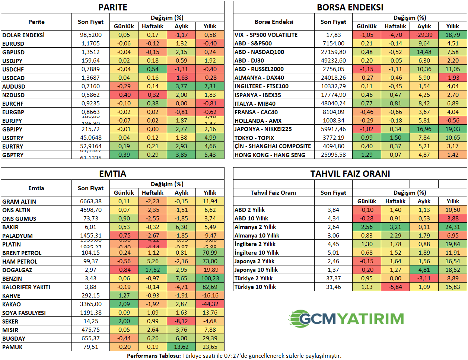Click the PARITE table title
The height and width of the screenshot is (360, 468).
[x=112, y=7]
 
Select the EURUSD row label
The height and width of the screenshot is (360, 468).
[x=13, y=44]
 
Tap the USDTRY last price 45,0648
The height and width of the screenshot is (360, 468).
[x=90, y=138]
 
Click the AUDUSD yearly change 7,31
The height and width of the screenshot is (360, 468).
[x=210, y=86]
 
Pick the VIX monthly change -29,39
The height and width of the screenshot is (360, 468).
[x=424, y=35]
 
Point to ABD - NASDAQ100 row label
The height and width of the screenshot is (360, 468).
[x=259, y=52]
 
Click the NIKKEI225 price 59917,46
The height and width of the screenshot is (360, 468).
[x=333, y=129]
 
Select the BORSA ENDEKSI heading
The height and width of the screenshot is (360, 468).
[x=350, y=7]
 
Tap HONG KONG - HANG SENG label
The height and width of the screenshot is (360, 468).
[x=270, y=155]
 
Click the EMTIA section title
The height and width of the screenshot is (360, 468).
[x=112, y=173]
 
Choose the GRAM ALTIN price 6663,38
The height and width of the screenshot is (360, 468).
[x=90, y=201]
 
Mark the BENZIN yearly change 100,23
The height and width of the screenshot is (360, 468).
[x=210, y=278]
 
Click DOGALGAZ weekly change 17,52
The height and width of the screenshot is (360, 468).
[x=153, y=270]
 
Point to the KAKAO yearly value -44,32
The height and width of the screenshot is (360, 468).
[x=210, y=304]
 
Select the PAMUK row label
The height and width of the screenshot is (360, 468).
[x=12, y=347]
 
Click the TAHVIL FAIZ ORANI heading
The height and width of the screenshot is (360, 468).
[x=350, y=173]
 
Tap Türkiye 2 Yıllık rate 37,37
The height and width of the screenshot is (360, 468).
[x=333, y=278]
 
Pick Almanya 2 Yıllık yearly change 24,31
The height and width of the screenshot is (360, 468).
[x=453, y=227]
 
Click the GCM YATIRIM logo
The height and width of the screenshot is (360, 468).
[x=346, y=319]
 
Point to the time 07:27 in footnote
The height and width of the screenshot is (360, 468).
[x=232, y=356]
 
